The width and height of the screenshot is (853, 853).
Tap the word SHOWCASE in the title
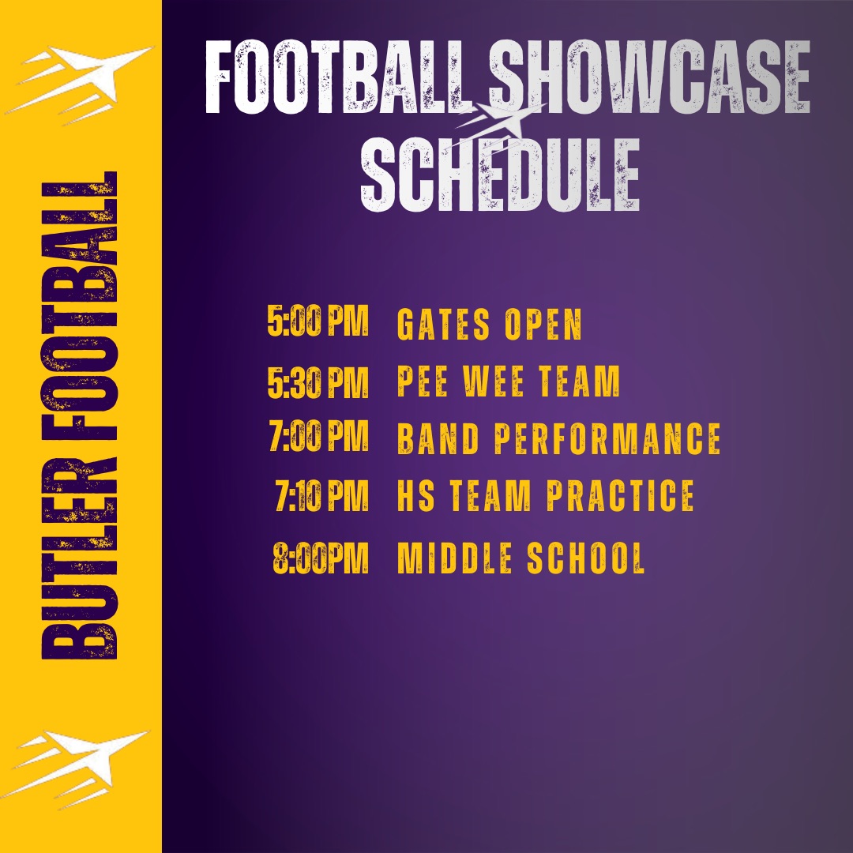pos(649,77)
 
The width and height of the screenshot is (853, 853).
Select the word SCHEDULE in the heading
pos(500,174)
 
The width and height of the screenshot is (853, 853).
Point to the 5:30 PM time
pos(318,382)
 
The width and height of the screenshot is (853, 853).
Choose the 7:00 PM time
pos(319,436)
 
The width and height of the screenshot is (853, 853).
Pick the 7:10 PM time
pos(322,495)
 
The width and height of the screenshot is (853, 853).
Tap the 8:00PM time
pos(321,558)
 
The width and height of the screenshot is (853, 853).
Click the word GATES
pos(443,325)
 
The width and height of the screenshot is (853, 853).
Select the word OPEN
pos(543,325)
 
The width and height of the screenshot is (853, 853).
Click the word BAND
pos(438,438)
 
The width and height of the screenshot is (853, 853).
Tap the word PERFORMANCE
pos(607,438)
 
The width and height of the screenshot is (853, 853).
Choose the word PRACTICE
pos(620,495)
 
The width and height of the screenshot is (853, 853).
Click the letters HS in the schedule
pos(416,495)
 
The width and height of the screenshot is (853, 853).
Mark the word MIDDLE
pos(455,558)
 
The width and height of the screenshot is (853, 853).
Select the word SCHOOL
pos(586,558)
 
